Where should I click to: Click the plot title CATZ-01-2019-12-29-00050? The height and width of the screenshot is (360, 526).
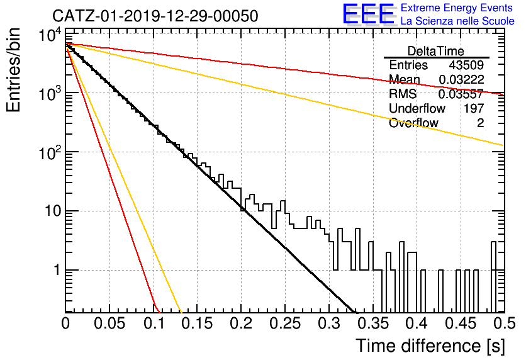click(155, 16)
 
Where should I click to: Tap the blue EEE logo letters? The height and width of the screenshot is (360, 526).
click(369, 14)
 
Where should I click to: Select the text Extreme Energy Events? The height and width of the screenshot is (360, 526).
click(457, 8)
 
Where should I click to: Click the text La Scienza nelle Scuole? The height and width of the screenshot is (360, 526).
click(457, 21)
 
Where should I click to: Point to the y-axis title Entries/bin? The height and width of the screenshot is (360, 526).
click(13, 70)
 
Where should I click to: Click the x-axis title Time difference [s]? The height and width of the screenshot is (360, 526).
click(430, 346)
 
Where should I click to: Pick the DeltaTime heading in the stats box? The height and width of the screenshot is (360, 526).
click(436, 51)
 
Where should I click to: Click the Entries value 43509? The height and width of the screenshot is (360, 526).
click(466, 65)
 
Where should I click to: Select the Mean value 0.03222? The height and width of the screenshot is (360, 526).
click(461, 79)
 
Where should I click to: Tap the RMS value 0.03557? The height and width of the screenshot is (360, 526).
click(461, 94)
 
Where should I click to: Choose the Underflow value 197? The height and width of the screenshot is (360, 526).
click(474, 108)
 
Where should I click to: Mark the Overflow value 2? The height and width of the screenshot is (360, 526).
click(480, 123)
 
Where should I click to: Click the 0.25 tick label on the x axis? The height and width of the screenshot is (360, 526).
click(286, 323)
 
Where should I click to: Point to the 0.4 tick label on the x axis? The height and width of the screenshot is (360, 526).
click(417, 323)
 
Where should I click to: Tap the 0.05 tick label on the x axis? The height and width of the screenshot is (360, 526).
click(109, 323)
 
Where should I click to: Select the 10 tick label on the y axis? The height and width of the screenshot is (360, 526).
click(53, 211)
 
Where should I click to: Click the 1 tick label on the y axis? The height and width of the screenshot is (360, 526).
click(57, 270)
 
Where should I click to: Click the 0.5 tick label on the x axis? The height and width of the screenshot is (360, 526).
click(504, 323)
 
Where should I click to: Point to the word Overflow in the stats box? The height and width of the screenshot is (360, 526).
click(413, 123)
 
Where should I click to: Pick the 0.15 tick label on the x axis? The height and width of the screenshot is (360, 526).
click(198, 323)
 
